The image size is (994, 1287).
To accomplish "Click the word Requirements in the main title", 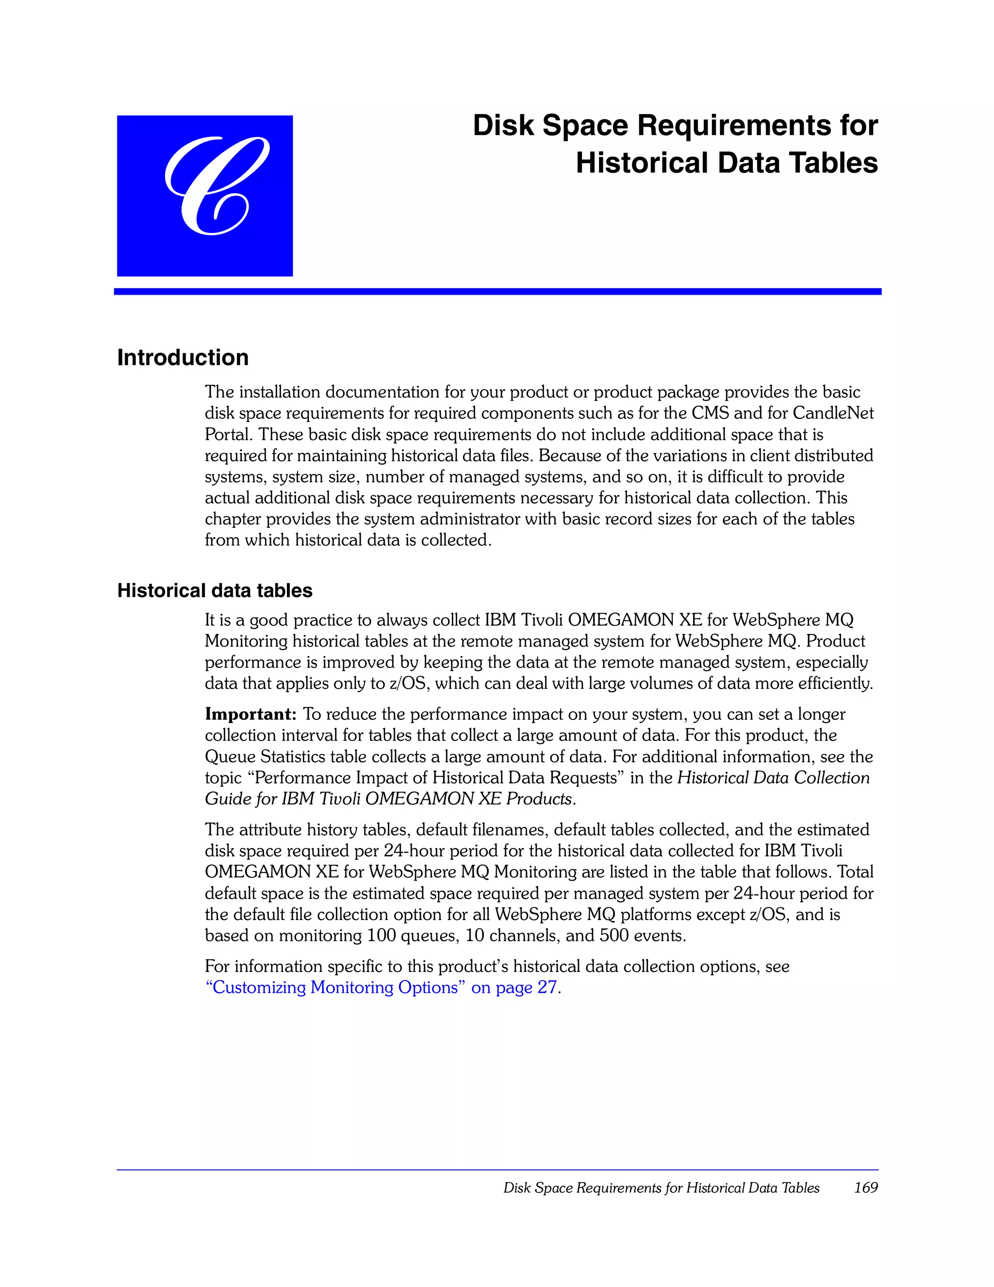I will pyautogui.click(x=722, y=126).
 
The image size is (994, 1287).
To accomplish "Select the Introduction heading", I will pyautogui.click(x=182, y=358).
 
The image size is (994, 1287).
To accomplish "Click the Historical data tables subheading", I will pyautogui.click(x=215, y=590).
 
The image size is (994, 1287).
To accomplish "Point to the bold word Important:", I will pyautogui.click(x=250, y=714).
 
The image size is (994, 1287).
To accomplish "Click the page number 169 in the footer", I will pyautogui.click(x=865, y=1187).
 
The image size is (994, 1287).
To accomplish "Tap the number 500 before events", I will pyautogui.click(x=614, y=936).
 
